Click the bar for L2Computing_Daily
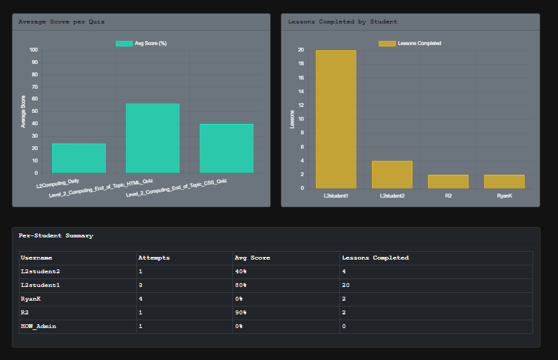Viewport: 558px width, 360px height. coord(78,158)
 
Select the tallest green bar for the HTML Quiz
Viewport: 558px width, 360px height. coord(152,138)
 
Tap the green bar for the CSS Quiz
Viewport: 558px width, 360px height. coord(226,149)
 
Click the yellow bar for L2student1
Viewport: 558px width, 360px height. coord(336,119)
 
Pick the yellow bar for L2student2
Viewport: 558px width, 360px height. coord(392,175)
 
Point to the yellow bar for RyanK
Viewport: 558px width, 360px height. coord(504,181)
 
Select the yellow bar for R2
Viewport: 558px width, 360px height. coord(448,181)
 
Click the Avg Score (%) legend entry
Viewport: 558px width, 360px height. coord(142,44)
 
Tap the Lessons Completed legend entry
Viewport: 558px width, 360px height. coord(411,44)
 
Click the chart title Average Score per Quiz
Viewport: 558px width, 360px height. coord(61,22)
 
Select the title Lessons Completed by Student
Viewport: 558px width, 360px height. coord(343,22)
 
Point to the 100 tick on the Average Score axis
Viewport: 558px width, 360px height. coord(33,50)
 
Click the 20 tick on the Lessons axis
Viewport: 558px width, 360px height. coord(300,50)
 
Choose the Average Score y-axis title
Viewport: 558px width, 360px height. coord(23,112)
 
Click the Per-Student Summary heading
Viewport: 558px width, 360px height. coord(55,235)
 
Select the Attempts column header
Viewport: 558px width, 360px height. coord(154,258)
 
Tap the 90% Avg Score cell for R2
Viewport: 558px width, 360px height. coord(241,312)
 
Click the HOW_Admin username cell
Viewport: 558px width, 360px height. coord(39,326)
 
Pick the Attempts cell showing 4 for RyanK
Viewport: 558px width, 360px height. coord(141,299)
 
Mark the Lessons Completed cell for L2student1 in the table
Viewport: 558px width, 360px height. coord(347,285)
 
